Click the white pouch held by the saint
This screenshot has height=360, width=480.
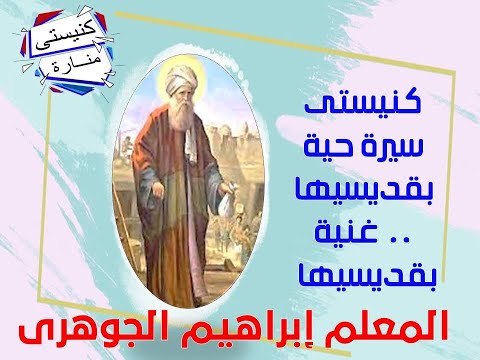tap(227, 205)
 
